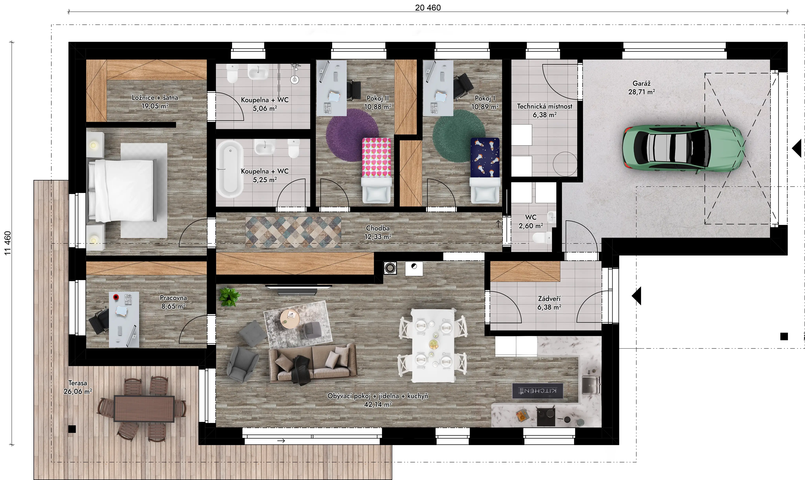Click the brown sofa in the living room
click(312, 364)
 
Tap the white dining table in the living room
click(433, 345)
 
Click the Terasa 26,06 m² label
click(78, 387)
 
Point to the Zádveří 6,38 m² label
click(549, 303)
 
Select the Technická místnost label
click(545, 106)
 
